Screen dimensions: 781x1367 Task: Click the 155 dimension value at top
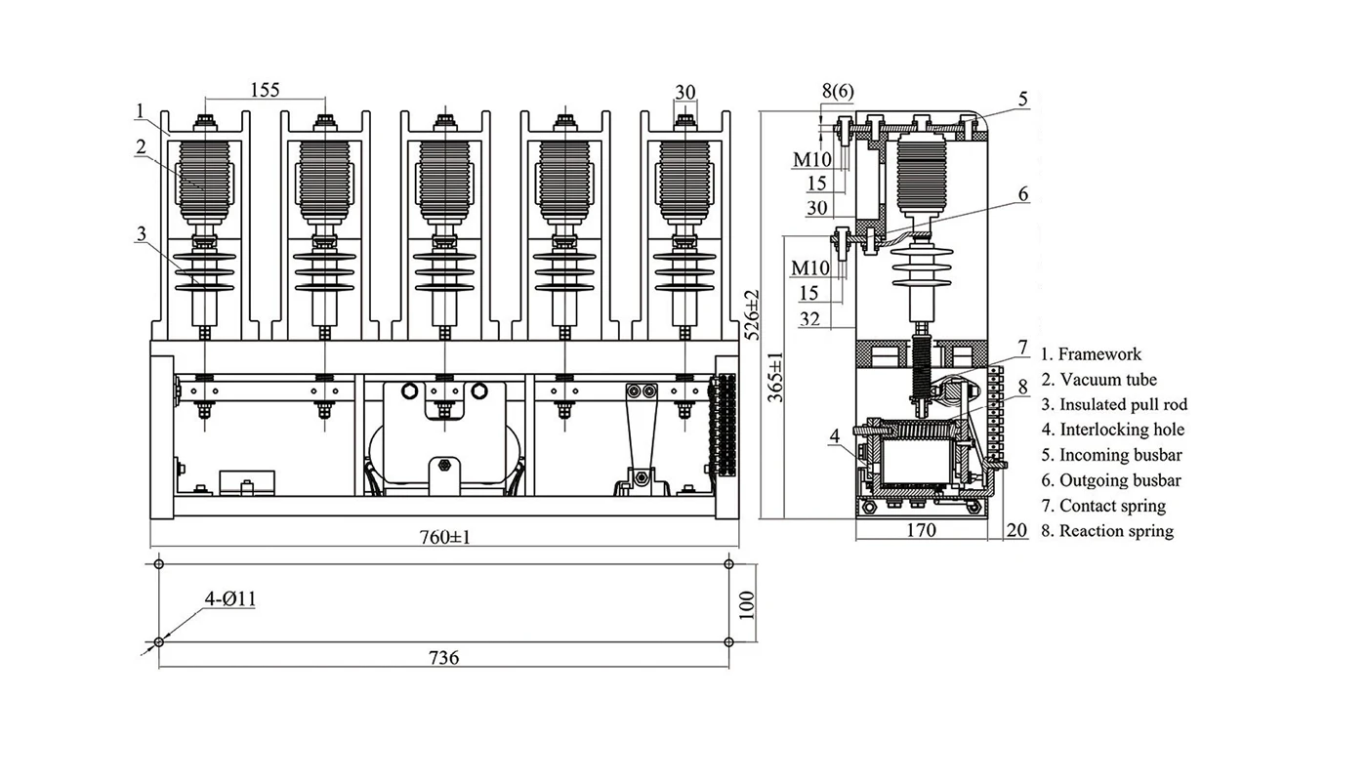(x=265, y=90)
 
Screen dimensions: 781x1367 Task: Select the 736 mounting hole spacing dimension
(x=443, y=657)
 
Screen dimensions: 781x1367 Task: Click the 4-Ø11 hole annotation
(x=230, y=598)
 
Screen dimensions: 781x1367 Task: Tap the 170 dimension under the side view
(x=920, y=530)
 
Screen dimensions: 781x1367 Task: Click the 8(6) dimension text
(x=837, y=91)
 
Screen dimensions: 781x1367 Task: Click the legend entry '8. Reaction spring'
(x=1106, y=531)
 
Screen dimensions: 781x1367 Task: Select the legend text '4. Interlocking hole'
(x=1112, y=430)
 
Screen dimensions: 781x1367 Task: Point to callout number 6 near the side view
(x=1023, y=194)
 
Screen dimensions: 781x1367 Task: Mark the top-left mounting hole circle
(x=159, y=564)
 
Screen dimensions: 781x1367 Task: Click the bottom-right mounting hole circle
(x=728, y=642)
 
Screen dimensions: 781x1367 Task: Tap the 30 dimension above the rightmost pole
(x=684, y=92)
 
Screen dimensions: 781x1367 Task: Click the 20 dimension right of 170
(x=1016, y=530)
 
